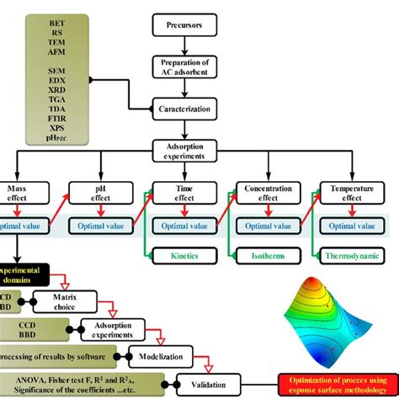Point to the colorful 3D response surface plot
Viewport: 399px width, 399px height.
pos(329,316)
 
